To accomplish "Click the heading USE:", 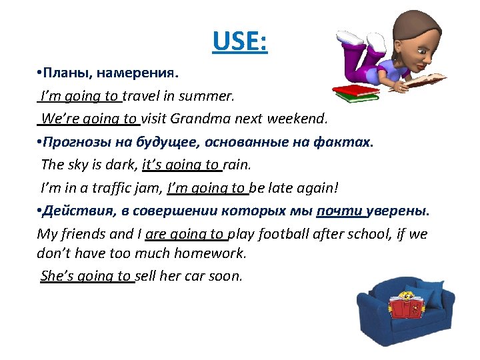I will (x=239, y=42).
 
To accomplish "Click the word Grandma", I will (x=197, y=119).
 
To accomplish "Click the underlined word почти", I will (x=341, y=211).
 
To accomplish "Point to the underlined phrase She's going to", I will (x=87, y=276).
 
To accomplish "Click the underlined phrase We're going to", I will (x=88, y=119).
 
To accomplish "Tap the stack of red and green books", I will (x=355, y=93).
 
